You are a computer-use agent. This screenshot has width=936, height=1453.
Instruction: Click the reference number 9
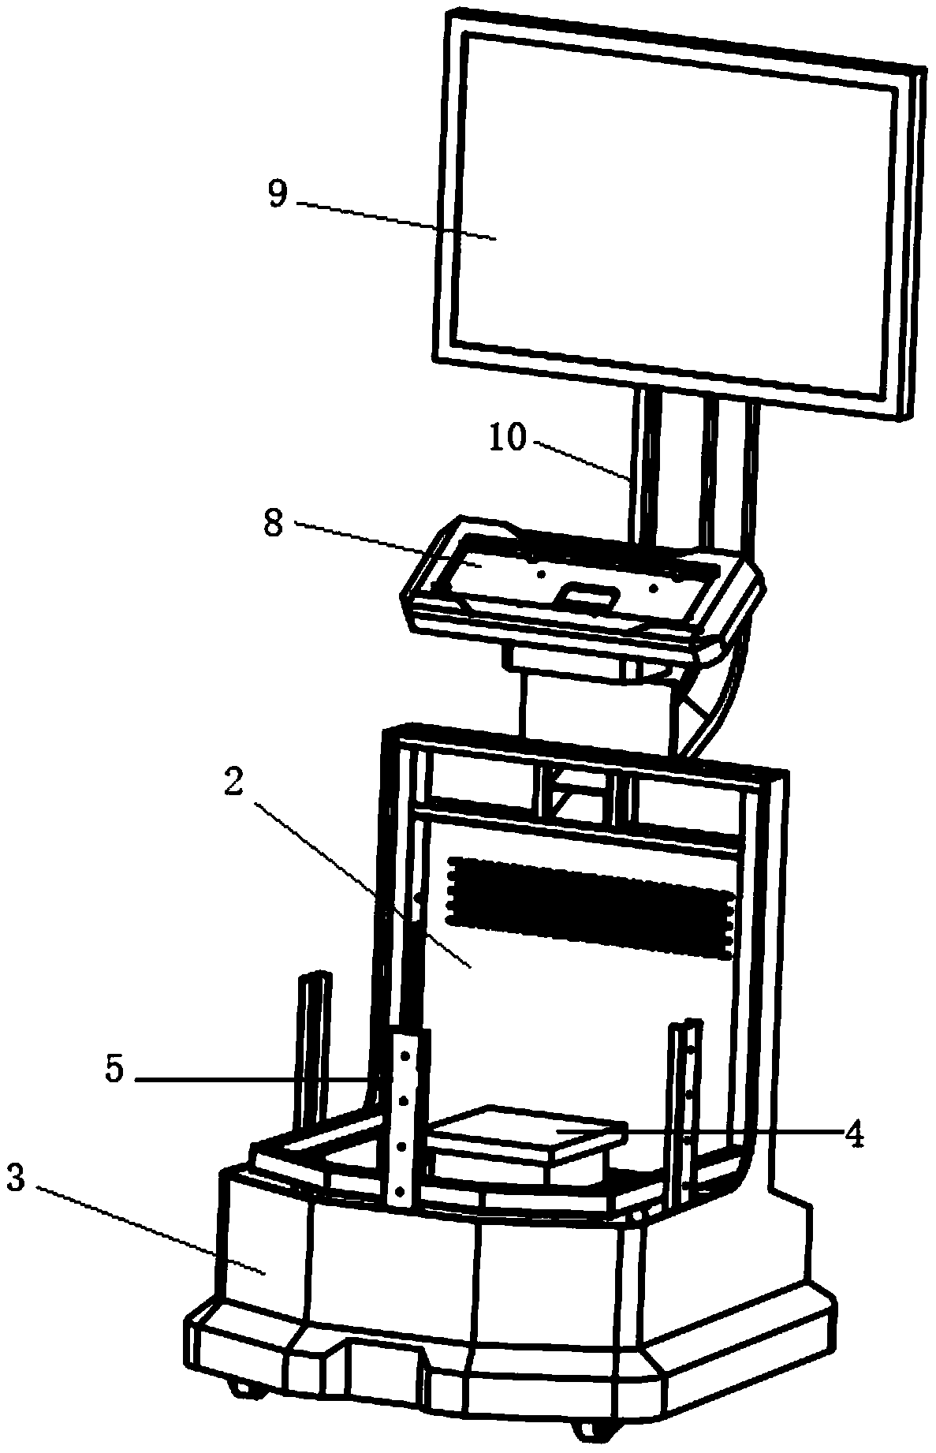pos(278,192)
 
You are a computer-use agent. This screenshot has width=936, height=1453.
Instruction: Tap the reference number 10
pos(508,438)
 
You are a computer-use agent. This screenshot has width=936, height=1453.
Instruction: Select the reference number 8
pos(273,523)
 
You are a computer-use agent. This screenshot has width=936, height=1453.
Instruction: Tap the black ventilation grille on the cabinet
pos(591,907)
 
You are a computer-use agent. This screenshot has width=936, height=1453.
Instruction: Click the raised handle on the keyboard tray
pos(584,596)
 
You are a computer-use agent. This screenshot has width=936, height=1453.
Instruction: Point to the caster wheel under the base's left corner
pos(241,1385)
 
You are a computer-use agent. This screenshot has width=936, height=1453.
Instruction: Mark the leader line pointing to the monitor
pos(394,220)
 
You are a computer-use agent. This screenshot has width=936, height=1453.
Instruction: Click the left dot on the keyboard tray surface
pos(540,575)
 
